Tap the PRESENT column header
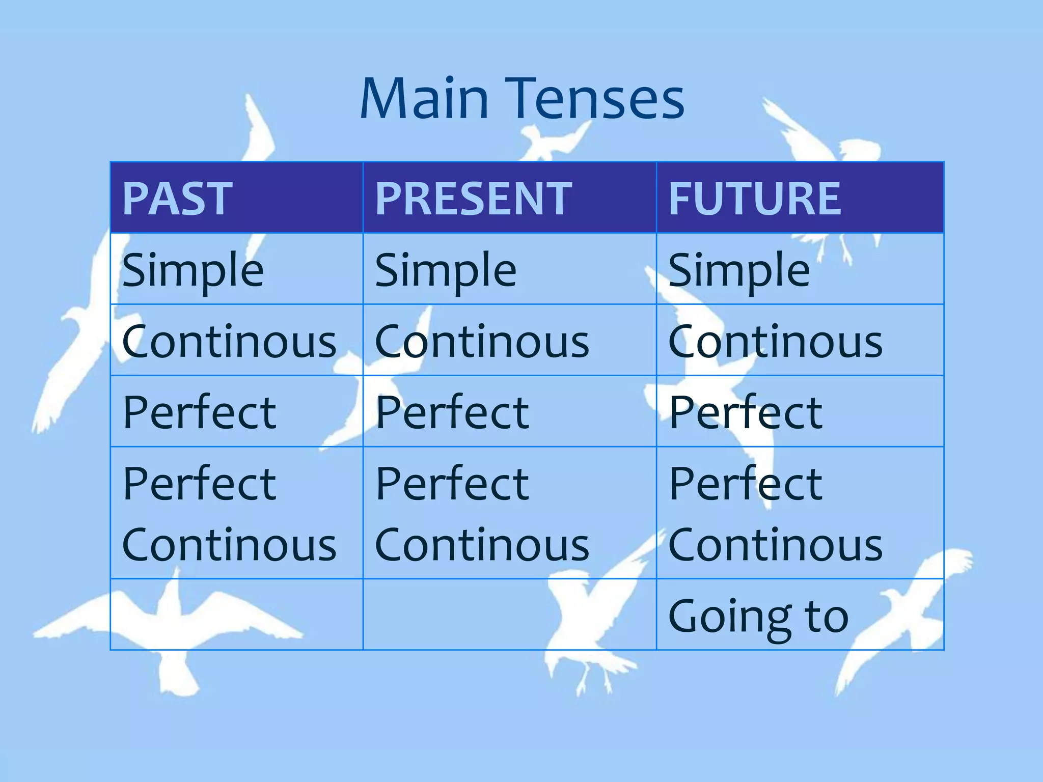pos(474,199)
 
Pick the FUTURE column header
pos(754,199)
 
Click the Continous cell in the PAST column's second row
pos(229,342)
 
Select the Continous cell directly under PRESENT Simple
pos(482,342)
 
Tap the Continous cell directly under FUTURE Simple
pos(775,342)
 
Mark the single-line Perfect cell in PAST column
pos(199,412)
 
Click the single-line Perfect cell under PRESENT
pos(452,412)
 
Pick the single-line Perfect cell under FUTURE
pos(745,412)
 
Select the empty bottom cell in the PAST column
pos(236,615)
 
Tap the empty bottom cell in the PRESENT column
pos(509,615)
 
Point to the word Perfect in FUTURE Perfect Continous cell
pos(745,484)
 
